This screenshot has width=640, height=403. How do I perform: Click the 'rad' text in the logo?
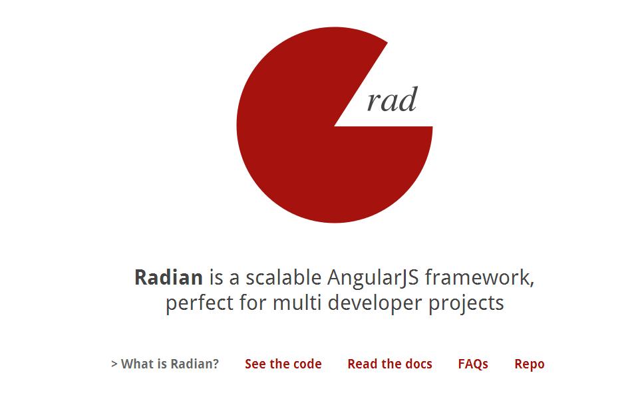click(x=392, y=100)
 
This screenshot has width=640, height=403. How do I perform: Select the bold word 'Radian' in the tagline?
click(x=168, y=277)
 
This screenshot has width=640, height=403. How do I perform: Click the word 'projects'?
click(x=466, y=304)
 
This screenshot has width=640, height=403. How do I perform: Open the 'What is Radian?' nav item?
click(x=170, y=364)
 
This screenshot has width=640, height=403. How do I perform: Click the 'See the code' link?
click(x=283, y=364)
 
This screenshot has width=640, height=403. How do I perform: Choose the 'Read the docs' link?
click(x=389, y=364)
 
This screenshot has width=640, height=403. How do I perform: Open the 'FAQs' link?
click(x=473, y=364)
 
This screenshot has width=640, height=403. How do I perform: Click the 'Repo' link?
click(x=529, y=364)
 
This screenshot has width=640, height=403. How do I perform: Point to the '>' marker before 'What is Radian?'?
click(x=114, y=364)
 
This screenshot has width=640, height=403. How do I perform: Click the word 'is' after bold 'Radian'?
click(x=215, y=277)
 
